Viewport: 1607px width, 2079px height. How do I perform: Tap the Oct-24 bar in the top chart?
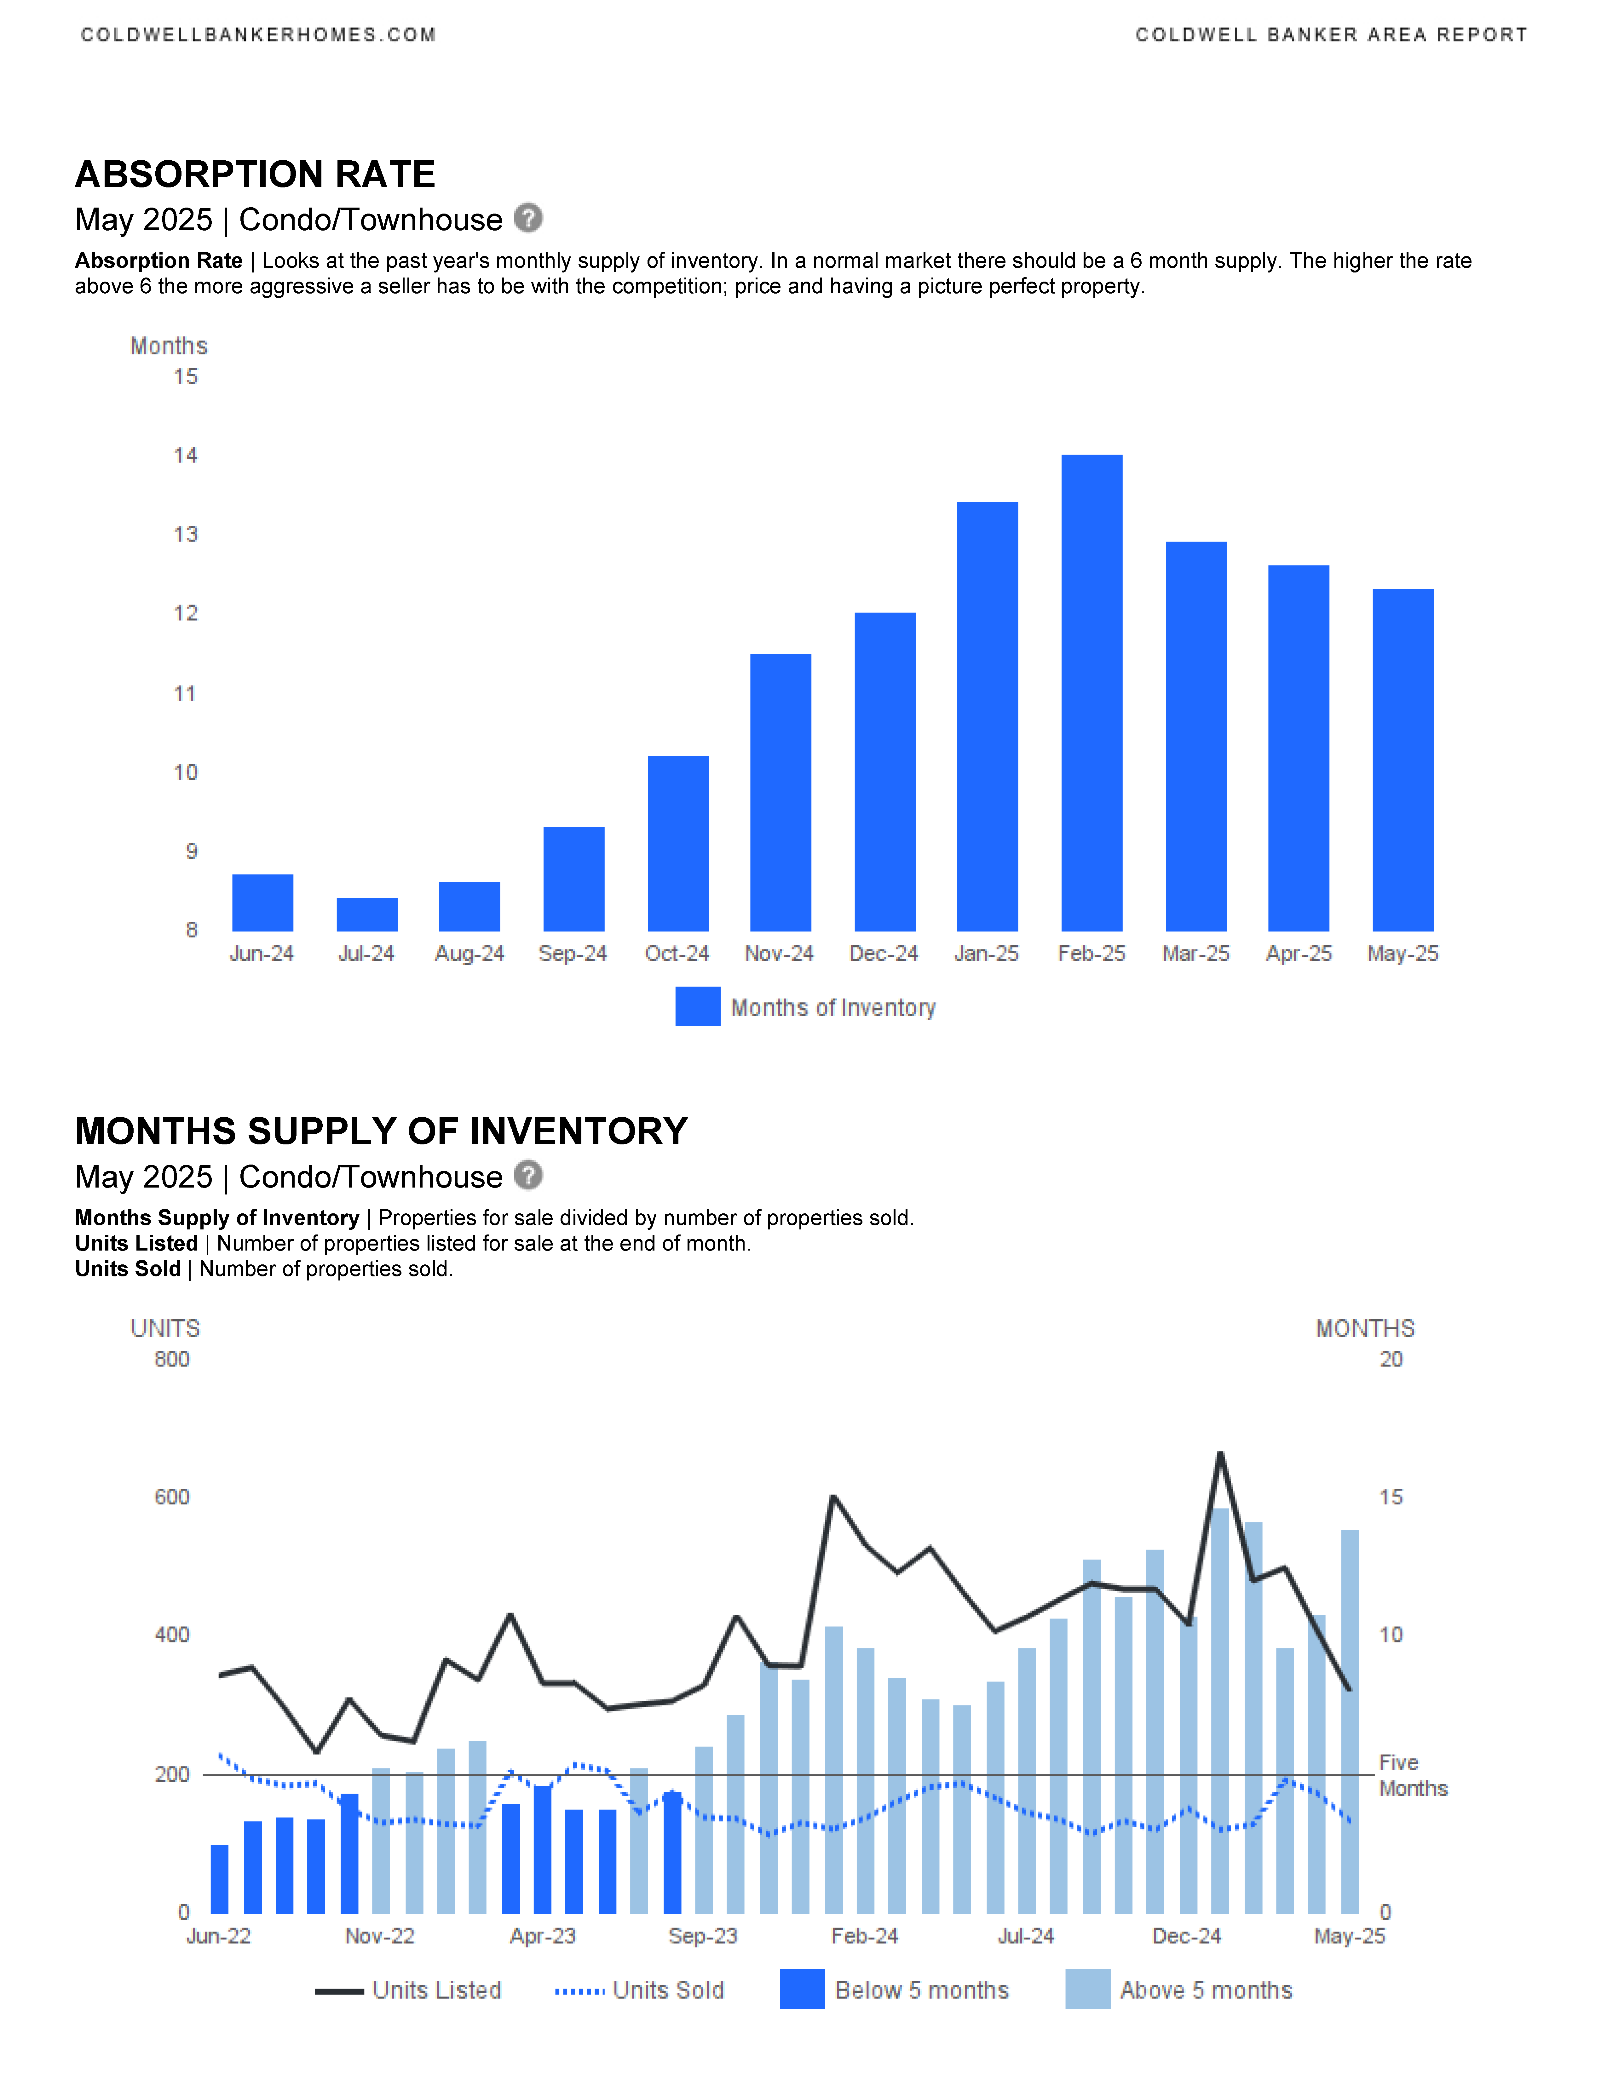(678, 843)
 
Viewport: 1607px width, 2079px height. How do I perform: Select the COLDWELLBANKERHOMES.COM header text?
(258, 35)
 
